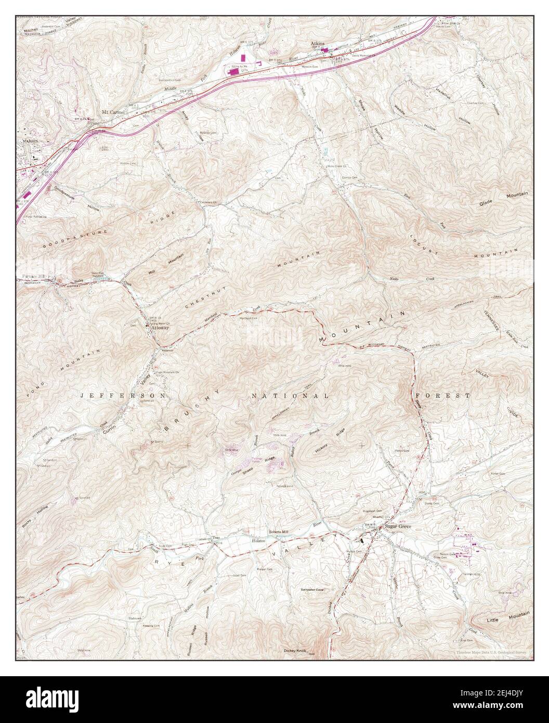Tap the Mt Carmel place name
pyautogui.click(x=114, y=112)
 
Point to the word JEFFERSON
pyautogui.click(x=123, y=396)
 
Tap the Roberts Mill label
pyautogui.click(x=281, y=532)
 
